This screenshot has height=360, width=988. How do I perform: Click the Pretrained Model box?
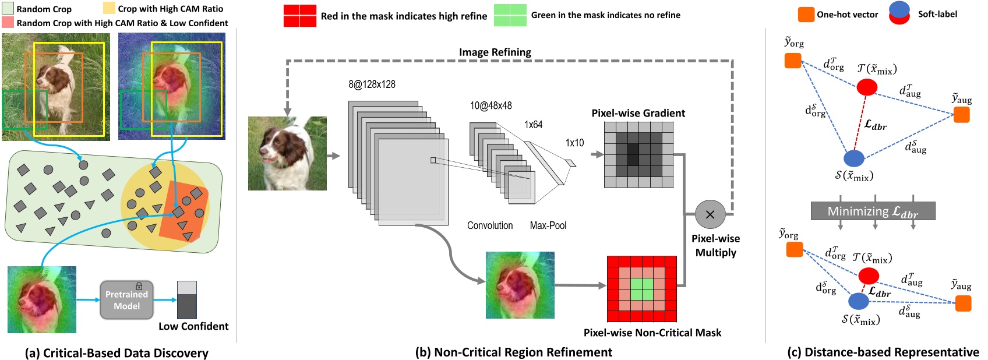point(126,300)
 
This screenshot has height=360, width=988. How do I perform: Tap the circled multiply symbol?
point(710,214)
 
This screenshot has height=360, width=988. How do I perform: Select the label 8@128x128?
point(372,84)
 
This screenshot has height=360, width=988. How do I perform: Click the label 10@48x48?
point(491,105)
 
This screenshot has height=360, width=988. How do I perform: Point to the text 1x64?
point(533,125)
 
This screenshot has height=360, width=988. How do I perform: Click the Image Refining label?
point(495,52)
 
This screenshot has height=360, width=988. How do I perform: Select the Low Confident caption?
point(193,326)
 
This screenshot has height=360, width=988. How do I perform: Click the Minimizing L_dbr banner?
point(873,211)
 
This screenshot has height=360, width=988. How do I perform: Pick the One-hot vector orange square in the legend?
point(806,15)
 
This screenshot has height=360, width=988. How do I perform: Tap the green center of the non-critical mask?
point(641,289)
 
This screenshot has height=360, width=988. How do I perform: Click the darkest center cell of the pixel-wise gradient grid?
point(633,154)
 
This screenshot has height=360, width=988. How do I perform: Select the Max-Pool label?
point(548,225)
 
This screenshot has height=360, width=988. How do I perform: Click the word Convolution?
point(490,225)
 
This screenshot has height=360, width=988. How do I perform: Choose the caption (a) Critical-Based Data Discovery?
point(117,352)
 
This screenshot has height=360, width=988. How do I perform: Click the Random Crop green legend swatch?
point(8,9)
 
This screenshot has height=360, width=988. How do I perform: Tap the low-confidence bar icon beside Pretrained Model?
point(186,300)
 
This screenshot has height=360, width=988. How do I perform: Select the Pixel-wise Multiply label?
point(715,245)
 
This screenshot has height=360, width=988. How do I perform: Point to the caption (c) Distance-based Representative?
point(883,352)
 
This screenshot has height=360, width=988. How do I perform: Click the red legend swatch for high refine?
point(299,16)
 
